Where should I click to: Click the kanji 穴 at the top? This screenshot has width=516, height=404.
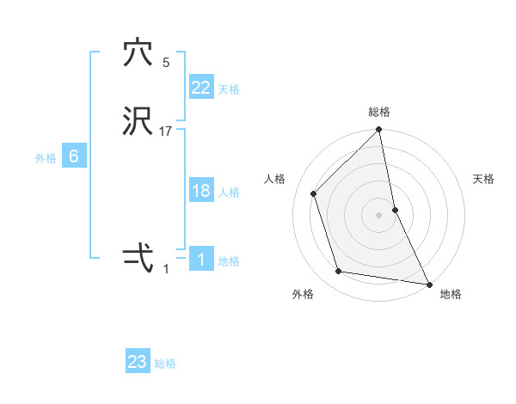point(138,53)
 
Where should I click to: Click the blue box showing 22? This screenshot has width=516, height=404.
point(201,88)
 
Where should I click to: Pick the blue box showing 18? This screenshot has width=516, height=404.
point(201,191)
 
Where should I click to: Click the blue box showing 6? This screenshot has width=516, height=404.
point(74,156)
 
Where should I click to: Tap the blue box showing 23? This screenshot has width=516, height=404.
point(138,362)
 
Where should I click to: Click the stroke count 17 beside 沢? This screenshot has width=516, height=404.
point(166,132)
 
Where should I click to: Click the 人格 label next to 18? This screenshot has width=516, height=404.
point(229,193)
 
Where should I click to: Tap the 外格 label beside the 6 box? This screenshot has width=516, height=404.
point(46,158)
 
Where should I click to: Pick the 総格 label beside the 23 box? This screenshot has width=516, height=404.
point(165,364)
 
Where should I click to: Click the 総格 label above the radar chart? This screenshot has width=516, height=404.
point(379,112)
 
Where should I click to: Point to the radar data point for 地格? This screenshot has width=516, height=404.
point(428,283)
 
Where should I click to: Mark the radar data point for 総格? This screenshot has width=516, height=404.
point(379,131)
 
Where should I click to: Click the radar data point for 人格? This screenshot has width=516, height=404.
point(314,193)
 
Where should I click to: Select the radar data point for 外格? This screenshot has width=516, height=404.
point(339,272)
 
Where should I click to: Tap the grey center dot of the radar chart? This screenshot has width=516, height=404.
point(379,214)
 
